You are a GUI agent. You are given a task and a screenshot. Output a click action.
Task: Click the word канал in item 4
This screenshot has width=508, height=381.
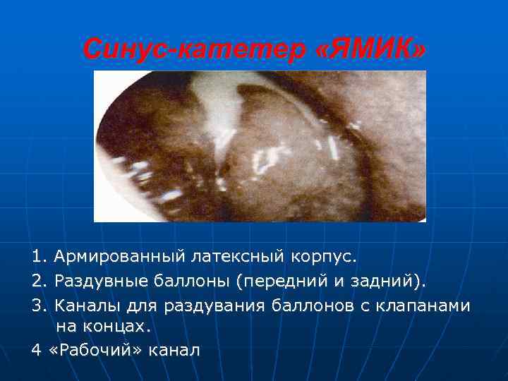tap(177, 350)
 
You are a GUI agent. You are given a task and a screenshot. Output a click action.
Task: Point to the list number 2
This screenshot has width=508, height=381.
tap(35, 282)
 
